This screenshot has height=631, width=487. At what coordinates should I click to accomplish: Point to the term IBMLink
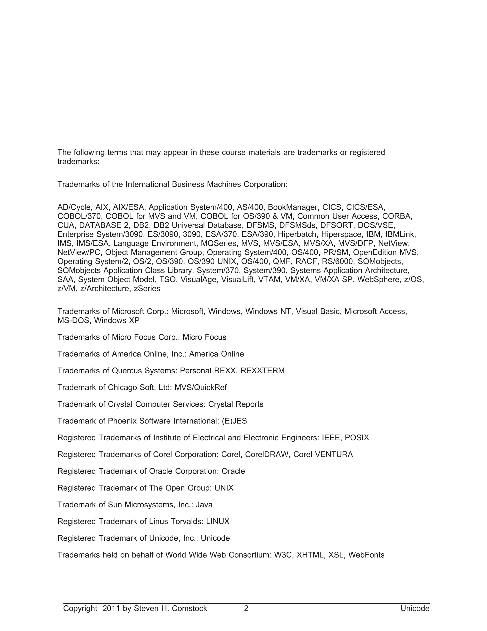(x=400, y=234)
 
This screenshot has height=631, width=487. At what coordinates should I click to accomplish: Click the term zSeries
(x=147, y=288)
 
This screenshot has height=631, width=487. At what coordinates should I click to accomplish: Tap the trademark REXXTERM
(x=262, y=371)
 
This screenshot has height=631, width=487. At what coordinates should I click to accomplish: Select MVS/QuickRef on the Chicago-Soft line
(x=201, y=387)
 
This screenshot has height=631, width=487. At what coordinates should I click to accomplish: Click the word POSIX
(x=357, y=437)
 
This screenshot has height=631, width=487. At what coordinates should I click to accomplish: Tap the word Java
(x=204, y=505)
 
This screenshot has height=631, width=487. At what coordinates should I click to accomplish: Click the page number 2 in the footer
(x=246, y=608)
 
